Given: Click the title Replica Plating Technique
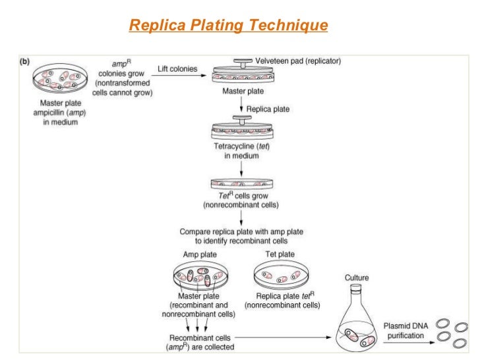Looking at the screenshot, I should pyautogui.click(x=228, y=26).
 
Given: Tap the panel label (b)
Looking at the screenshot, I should pyautogui.click(x=24, y=61).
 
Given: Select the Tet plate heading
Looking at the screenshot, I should pyautogui.click(x=282, y=254).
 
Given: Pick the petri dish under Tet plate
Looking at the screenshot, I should pyautogui.click(x=282, y=275).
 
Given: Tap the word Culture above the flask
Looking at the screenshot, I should pyautogui.click(x=357, y=278).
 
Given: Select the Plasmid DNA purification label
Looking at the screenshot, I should pyautogui.click(x=407, y=331).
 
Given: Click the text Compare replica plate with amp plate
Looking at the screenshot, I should pyautogui.click(x=237, y=237).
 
